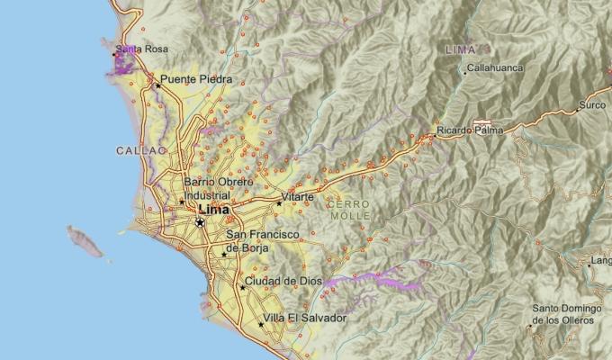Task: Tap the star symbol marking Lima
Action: click(200, 221)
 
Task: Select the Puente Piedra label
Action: click(196, 79)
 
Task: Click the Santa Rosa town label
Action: click(142, 49)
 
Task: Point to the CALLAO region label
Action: click(142, 151)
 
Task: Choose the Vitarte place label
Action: click(298, 196)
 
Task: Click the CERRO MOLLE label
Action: click(349, 211)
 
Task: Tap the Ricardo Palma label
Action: click(467, 131)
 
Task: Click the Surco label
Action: click(593, 105)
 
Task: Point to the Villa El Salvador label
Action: click(305, 318)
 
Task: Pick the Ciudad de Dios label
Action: click(283, 281)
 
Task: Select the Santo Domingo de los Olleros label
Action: click(562, 314)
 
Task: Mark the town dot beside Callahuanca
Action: click(465, 69)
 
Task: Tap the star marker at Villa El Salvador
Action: click(261, 324)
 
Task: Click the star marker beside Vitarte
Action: click(279, 202)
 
